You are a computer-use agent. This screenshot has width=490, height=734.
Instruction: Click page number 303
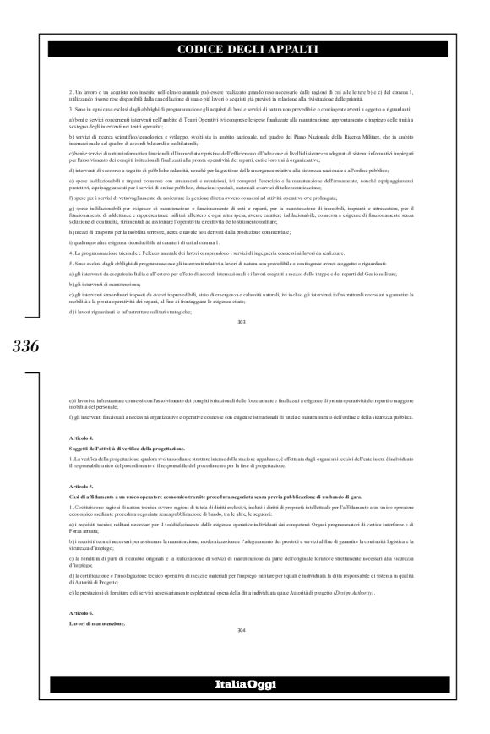[244, 321]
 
